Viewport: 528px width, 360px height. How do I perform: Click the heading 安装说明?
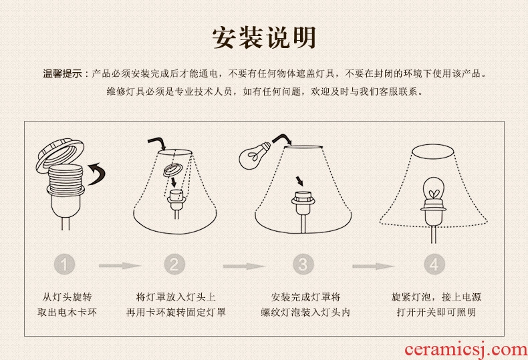(265, 37)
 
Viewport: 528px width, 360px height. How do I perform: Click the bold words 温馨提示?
(62, 73)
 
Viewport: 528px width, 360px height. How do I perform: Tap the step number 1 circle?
(64, 264)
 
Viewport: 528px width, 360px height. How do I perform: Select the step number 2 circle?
(174, 264)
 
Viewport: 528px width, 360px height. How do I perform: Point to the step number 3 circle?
(303, 264)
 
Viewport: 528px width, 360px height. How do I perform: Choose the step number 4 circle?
(434, 264)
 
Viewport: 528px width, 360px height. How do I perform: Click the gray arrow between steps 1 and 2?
(120, 266)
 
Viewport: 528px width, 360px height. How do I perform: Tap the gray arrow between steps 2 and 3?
(244, 266)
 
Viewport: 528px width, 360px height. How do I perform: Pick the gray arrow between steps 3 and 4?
(373, 266)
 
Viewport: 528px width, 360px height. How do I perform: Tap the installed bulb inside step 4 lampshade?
(433, 190)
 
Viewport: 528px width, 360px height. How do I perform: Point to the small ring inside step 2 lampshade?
(172, 170)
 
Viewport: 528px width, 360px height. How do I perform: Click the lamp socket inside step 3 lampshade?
(303, 203)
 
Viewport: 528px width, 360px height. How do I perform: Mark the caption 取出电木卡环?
(67, 312)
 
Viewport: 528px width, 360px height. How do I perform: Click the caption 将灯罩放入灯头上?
(176, 297)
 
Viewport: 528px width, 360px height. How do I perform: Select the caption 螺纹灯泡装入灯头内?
(305, 312)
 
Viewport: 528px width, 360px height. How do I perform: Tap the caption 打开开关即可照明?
(436, 312)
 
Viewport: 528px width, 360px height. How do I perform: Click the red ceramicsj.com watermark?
(467, 350)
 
